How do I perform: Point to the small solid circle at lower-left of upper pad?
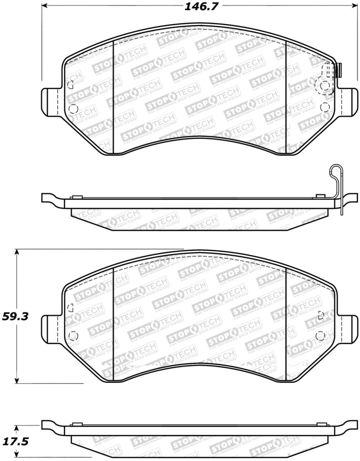coord(73,108)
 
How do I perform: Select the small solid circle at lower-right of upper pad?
coord(325,107)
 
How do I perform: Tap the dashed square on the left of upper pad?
coord(70,84)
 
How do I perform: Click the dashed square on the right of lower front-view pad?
coord(320,315)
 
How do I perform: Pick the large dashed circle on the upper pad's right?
coord(324,86)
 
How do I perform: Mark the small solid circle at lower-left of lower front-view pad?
coord(73,335)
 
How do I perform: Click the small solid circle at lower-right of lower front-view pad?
coord(320,335)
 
